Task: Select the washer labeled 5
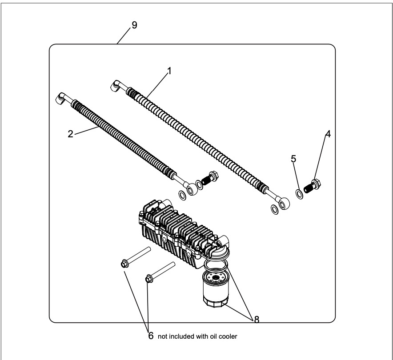(x=300, y=194)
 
